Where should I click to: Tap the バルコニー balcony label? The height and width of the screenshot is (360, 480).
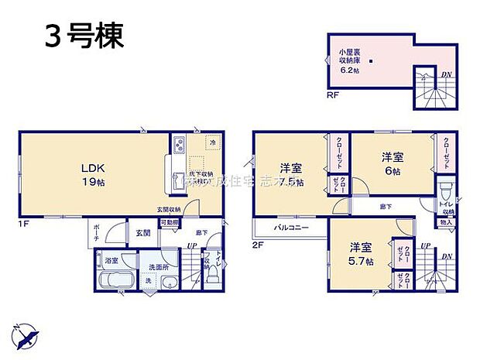290,228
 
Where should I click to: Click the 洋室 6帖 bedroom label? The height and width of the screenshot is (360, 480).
391,163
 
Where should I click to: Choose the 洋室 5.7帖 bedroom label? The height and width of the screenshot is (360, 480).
360,253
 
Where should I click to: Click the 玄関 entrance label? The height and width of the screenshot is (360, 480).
144,232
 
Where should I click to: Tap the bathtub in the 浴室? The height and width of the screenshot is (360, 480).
115,280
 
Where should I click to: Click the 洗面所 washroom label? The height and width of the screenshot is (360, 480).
159,267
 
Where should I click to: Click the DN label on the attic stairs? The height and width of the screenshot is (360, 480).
447,75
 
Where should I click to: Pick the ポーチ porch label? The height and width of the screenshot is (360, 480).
96,233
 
